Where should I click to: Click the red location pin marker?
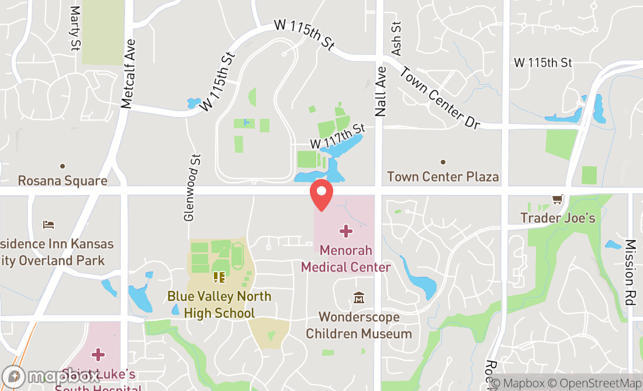pos(321,195)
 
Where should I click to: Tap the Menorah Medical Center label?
pos(346,259)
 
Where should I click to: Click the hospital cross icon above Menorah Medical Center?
pos(346,231)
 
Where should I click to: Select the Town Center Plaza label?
pos(443,176)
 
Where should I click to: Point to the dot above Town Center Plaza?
pos(443,162)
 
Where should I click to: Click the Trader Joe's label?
pos(558,218)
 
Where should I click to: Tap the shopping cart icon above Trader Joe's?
pos(558,200)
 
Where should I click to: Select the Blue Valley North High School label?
pos(219,304)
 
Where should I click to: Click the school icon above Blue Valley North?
pos(219,276)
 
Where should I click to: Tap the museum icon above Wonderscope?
pos(359,299)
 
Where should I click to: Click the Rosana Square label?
pos(63,180)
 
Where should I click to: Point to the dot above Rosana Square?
pos(63,166)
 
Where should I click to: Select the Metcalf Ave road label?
pos(127,74)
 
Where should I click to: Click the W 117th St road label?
pos(337,136)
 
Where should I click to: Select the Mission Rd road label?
pos(630,272)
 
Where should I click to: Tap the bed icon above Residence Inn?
pos(49,225)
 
